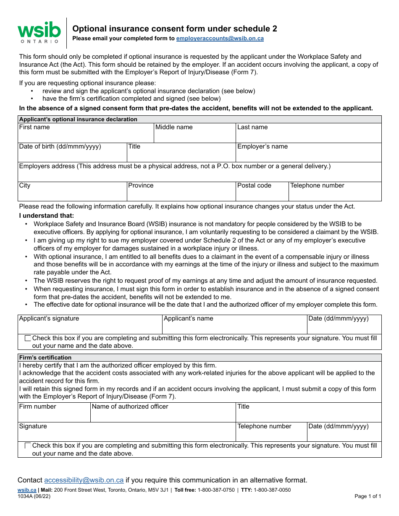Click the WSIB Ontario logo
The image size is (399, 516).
click(39, 32)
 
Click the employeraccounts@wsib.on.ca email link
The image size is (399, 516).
click(220, 39)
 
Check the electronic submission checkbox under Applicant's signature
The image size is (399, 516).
click(28, 338)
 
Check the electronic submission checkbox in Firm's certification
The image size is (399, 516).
click(28, 446)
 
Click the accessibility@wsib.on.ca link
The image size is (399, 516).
click(84, 480)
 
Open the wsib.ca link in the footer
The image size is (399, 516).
click(27, 490)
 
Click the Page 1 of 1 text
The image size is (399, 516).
click(367, 496)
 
